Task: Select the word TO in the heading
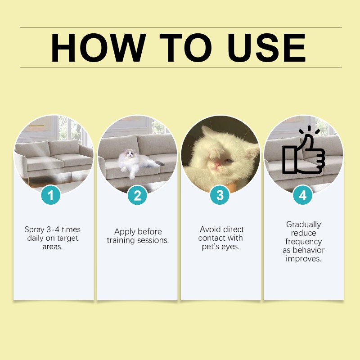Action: [185, 48]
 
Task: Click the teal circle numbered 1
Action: [51, 195]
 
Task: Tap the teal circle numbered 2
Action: [137, 195]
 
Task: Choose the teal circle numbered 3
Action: [220, 195]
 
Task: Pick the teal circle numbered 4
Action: [303, 195]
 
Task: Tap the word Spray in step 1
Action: [35, 229]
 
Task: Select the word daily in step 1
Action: [36, 238]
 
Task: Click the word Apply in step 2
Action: [125, 232]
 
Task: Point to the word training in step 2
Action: [121, 240]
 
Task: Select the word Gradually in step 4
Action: [304, 224]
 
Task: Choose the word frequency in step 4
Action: [304, 242]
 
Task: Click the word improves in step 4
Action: [304, 259]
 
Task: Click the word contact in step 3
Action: [212, 238]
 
